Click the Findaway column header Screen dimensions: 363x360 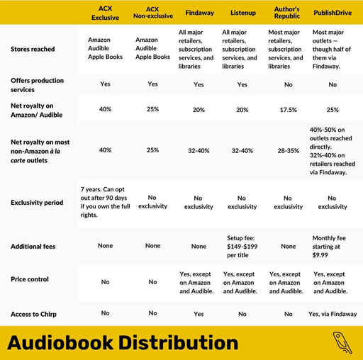click(x=200, y=13)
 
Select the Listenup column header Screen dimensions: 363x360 click(x=243, y=13)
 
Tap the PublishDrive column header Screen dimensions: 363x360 click(x=333, y=13)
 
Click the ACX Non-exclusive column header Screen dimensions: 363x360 click(x=152, y=13)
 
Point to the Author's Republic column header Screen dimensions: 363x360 click(x=288, y=13)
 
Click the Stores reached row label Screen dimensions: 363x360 click(x=33, y=50)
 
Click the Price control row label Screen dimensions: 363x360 click(x=30, y=279)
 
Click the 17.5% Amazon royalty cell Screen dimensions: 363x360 click(x=288, y=110)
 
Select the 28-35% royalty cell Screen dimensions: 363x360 click(x=288, y=150)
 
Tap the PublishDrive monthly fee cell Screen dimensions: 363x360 click(x=333, y=246)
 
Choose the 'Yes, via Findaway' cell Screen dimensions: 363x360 click(x=333, y=313)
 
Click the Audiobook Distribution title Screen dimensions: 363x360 click(x=122, y=343)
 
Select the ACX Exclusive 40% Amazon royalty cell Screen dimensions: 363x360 click(x=105, y=110)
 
